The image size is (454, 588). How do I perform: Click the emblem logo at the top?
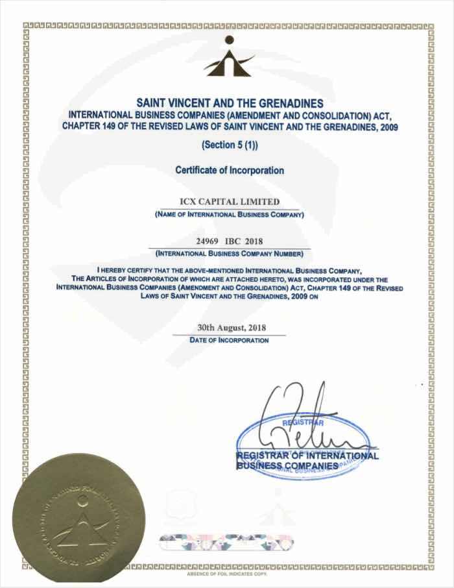point(228,58)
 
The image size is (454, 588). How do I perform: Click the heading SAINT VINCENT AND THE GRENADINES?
point(230,103)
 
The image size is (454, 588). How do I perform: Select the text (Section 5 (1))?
point(230,145)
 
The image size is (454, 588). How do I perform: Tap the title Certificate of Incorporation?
point(230,171)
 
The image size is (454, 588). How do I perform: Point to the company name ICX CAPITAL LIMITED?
point(230,202)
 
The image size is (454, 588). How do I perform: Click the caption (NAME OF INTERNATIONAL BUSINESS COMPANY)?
point(230,214)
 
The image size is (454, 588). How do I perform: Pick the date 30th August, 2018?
point(230,328)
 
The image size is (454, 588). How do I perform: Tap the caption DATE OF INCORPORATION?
point(230,340)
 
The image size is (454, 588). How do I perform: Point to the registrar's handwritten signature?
point(298,415)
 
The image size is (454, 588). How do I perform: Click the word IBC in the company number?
point(232,241)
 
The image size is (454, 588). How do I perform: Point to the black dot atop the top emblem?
point(228,40)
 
